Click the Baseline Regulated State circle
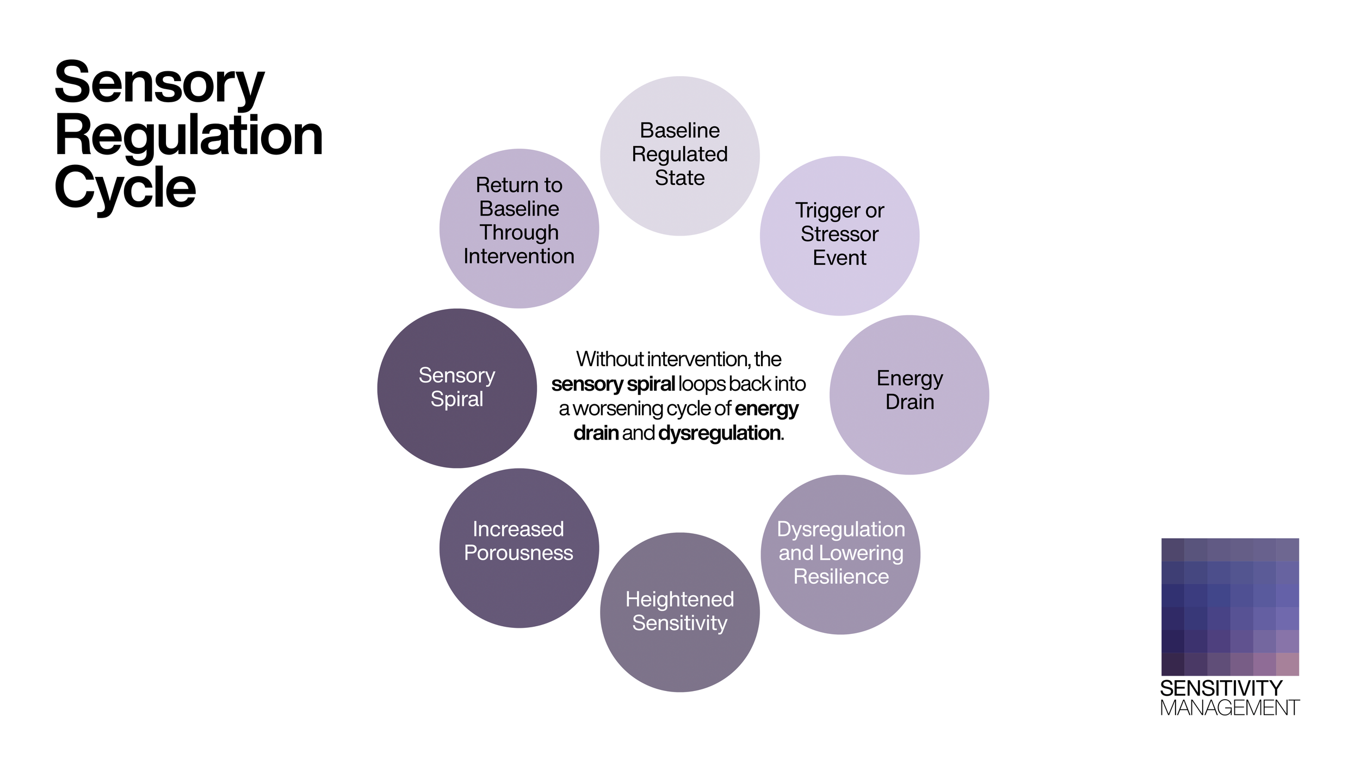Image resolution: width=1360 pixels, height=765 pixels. pyautogui.click(x=679, y=156)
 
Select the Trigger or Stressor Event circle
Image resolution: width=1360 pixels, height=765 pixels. pyautogui.click(x=839, y=236)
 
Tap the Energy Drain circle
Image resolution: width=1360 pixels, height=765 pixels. pyautogui.click(x=909, y=394)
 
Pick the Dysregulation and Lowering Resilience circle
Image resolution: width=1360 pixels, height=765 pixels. pyautogui.click(x=840, y=554)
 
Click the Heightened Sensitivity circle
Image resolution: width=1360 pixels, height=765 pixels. pyautogui.click(x=679, y=612)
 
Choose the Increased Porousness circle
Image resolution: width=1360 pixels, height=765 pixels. pyautogui.click(x=519, y=548)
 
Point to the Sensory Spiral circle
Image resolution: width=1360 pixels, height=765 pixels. pyautogui.click(x=457, y=388)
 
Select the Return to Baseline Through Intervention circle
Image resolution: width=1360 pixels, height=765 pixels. pyautogui.click(x=519, y=229)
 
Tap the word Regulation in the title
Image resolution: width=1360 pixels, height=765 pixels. pyautogui.click(x=189, y=136)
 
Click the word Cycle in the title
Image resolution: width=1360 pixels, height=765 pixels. pyautogui.click(x=125, y=188)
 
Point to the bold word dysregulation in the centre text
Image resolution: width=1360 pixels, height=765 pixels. pyautogui.click(x=720, y=433)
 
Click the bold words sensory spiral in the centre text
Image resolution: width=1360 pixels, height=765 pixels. pyautogui.click(x=613, y=384)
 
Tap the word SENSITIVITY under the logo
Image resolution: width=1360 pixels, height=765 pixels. pyautogui.click(x=1221, y=688)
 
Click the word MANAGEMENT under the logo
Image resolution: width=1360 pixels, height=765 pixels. pyautogui.click(x=1229, y=708)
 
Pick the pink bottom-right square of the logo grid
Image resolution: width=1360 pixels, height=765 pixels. pyautogui.click(x=1287, y=664)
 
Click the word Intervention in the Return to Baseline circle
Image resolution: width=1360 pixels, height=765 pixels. pyautogui.click(x=519, y=256)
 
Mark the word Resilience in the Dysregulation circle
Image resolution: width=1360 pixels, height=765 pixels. pyautogui.click(x=841, y=576)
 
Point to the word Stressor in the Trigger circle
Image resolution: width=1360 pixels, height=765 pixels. pyautogui.click(x=839, y=234)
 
